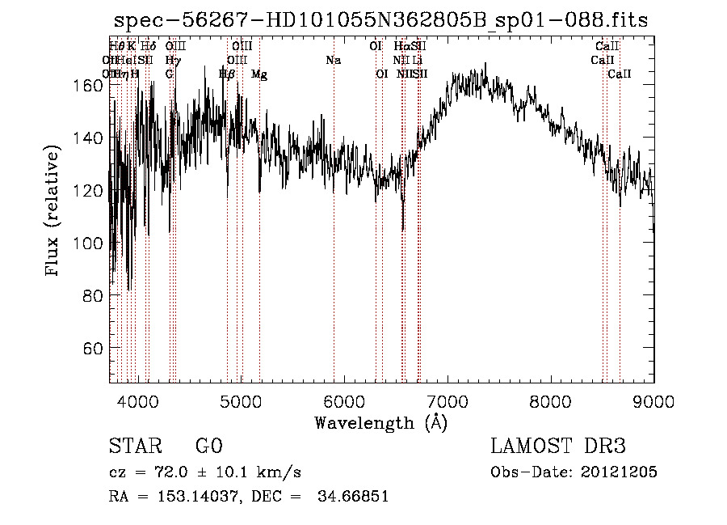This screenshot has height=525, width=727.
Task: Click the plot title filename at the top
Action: point(380,20)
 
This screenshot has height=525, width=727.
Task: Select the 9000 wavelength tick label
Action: point(653,400)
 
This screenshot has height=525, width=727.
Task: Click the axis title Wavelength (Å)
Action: point(380,422)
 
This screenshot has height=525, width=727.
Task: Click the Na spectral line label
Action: point(333,61)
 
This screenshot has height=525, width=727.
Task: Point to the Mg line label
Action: point(259,74)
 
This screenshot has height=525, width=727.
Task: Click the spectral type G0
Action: point(208,447)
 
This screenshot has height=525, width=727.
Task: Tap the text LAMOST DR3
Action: point(558,447)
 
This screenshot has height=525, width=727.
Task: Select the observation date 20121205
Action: point(619,472)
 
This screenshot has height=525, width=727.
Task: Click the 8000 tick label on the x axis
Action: point(550,400)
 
